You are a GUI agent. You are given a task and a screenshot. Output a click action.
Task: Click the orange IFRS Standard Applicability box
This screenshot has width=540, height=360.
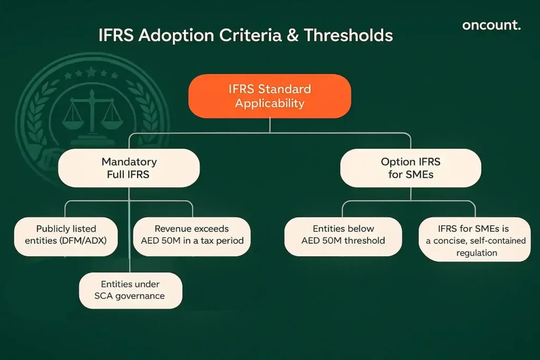coord(269,96)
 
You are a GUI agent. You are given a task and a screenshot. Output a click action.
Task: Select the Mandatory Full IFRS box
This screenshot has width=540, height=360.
coord(129,168)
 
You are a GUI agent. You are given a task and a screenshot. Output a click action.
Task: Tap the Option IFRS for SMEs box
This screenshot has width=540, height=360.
coord(411,168)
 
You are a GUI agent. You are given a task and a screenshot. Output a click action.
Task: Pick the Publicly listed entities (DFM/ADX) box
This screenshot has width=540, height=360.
coord(65,235)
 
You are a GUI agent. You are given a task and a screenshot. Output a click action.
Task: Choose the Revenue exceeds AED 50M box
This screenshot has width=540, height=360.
coord(192,235)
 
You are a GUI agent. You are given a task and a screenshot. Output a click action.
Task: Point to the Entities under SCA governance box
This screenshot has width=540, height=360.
coord(130,290)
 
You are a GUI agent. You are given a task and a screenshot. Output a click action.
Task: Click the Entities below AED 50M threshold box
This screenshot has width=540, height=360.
coord(343,235)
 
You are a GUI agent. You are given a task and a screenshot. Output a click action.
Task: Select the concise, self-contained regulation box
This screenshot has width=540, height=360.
coord(475,240)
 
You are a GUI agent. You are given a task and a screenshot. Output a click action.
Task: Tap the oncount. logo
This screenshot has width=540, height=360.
coord(490,25)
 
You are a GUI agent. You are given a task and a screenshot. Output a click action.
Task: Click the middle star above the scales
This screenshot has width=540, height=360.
coord(91,71)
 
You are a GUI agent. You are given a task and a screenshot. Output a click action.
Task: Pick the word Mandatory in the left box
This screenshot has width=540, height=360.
coord(129,161)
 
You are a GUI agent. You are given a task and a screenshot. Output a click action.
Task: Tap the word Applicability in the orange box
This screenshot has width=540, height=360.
coord(269,103)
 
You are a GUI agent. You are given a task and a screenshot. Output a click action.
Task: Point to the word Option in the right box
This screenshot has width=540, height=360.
coord(397,161)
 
